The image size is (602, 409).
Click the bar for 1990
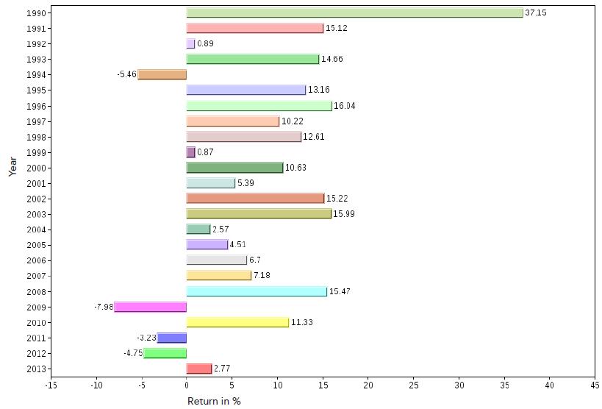354,13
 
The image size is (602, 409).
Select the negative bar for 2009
151,307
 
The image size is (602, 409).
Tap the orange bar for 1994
162,74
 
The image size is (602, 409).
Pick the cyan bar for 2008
257,291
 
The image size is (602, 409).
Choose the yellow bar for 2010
237,322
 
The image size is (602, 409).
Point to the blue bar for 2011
172,338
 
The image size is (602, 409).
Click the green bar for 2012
165,353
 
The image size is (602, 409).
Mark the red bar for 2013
199,369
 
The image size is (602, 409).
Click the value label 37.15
536,13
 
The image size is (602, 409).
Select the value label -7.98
104,307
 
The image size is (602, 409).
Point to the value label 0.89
205,44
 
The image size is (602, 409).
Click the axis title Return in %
214,401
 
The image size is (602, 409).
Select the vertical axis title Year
12,166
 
